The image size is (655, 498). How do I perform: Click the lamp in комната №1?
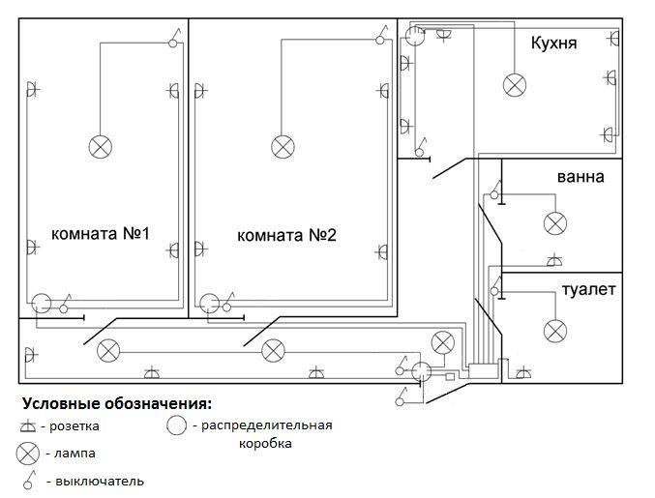point(101,146)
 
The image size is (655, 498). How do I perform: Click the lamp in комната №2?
point(283,146)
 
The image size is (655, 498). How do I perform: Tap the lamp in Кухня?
point(514,85)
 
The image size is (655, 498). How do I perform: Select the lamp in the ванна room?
point(554,223)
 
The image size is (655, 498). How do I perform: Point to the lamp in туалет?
point(554,331)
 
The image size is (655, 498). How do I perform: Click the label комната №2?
point(286,235)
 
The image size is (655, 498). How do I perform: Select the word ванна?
point(581,177)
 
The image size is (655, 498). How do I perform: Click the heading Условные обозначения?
point(116,402)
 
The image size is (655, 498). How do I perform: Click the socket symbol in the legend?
point(29,425)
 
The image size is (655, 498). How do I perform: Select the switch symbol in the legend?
point(31,478)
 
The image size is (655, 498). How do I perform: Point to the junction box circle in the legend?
point(176,425)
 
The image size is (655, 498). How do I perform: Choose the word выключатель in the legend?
point(101,480)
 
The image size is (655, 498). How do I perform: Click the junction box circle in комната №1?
point(42,303)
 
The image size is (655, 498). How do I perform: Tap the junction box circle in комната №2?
point(207,303)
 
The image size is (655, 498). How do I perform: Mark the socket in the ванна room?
point(553,261)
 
